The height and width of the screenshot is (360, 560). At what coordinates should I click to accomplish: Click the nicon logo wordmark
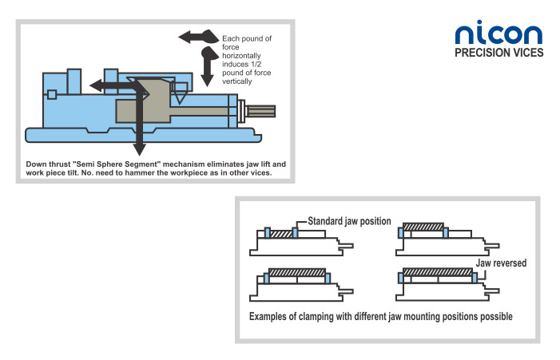[498, 33]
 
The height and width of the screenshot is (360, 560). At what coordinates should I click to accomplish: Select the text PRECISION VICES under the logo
[498, 53]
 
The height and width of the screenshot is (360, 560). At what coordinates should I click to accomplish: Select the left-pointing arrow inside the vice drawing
[108, 85]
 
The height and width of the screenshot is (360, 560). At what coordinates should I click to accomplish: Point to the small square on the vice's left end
[52, 95]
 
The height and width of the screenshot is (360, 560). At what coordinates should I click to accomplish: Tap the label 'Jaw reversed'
[501, 262]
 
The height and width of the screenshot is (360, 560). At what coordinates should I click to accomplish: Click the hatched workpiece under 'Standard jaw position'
[280, 233]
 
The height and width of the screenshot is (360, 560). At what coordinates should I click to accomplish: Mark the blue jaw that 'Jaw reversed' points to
[475, 278]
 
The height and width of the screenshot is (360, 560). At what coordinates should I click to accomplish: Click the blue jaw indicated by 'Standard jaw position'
[296, 232]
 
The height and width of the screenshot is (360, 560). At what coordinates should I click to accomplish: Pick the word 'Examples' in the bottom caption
[271, 317]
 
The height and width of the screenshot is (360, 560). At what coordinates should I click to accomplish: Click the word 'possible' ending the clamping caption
[494, 317]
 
